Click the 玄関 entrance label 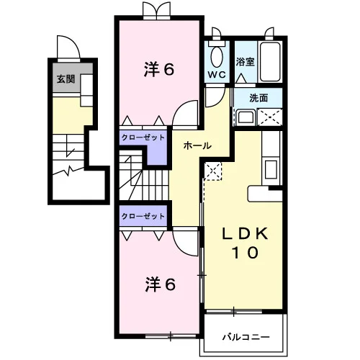pyautogui.click(x=66, y=79)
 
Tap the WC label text pyautogui.click(x=217, y=75)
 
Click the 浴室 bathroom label pyautogui.click(x=245, y=62)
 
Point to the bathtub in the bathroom pyautogui.click(x=270, y=62)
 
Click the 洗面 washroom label pyautogui.click(x=258, y=98)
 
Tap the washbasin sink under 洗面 pyautogui.click(x=246, y=117)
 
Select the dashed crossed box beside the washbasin pyautogui.click(x=270, y=117)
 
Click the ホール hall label pyautogui.click(x=197, y=145)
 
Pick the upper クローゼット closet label pyautogui.click(x=143, y=138)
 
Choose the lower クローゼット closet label pyautogui.click(x=143, y=216)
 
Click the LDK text pyautogui.click(x=245, y=233)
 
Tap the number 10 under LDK pyautogui.click(x=245, y=253)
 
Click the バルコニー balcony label pyautogui.click(x=246, y=337)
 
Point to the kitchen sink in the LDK pyautogui.click(x=271, y=169)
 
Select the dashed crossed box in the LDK pyautogui.click(x=213, y=171)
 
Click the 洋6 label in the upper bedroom pyautogui.click(x=159, y=69)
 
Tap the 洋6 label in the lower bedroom pyautogui.click(x=160, y=284)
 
